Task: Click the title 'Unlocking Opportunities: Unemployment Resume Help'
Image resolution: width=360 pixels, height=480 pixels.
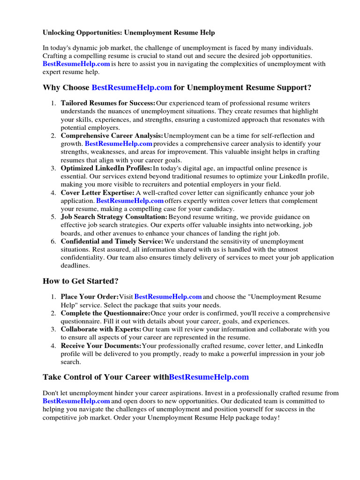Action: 129,32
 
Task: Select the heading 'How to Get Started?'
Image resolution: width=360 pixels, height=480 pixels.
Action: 81,281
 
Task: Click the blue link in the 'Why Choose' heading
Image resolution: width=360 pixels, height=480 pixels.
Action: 132,87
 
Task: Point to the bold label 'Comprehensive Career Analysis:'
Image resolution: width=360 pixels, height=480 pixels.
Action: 112,136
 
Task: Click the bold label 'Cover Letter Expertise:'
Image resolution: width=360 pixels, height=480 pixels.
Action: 97,193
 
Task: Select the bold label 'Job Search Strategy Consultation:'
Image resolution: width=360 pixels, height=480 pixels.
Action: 114,217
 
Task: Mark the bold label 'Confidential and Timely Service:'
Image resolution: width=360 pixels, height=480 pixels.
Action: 112,241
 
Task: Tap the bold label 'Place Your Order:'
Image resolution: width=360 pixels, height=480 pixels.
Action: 90,297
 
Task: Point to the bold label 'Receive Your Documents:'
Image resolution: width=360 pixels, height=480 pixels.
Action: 101,345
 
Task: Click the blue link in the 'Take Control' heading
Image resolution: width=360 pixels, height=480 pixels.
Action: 209,377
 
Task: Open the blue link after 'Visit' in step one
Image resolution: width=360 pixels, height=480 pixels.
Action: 168,297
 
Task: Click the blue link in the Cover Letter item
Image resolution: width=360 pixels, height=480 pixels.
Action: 130,201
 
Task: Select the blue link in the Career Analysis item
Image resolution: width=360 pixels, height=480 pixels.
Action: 119,144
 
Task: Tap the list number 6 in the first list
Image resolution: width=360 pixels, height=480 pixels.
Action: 54,241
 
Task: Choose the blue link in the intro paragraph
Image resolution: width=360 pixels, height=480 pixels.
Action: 76,64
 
